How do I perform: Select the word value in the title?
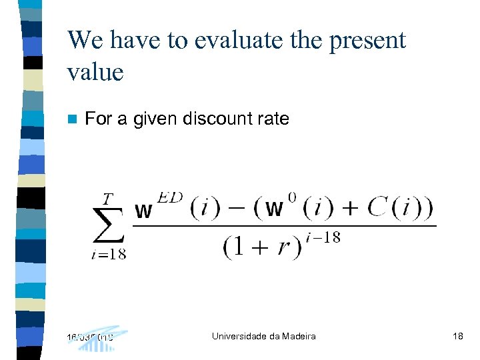(95, 72)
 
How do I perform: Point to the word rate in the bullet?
(274, 119)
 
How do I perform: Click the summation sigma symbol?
(109, 225)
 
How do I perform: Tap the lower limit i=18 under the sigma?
(109, 253)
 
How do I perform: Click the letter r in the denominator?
(285, 248)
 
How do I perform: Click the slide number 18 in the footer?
(457, 337)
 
